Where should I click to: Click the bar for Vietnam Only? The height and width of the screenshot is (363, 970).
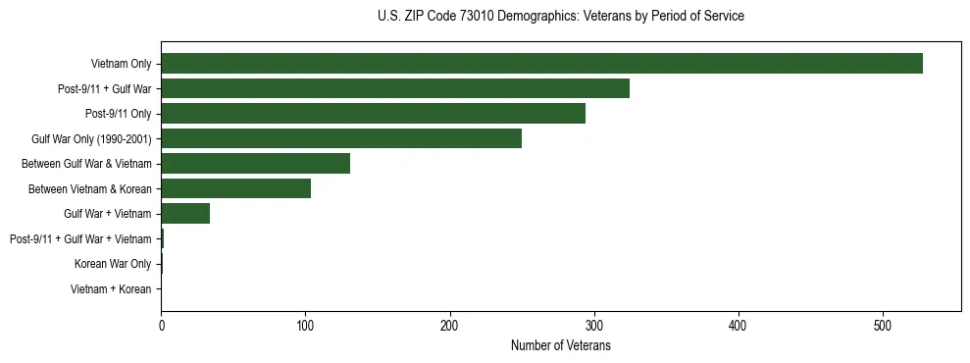(541, 64)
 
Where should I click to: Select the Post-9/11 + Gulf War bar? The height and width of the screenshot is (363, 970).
(395, 88)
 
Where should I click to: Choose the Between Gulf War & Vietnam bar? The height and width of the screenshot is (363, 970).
(255, 164)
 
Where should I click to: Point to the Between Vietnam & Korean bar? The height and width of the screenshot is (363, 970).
(235, 188)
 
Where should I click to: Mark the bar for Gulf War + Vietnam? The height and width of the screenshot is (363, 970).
(185, 214)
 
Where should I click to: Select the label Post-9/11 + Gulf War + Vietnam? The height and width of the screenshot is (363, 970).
(80, 239)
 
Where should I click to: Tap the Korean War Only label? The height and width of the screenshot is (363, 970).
(113, 264)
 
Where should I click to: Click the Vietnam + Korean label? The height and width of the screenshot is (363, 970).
(111, 289)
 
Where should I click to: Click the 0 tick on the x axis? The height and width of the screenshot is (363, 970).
(161, 325)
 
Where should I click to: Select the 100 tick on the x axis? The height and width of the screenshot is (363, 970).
(305, 325)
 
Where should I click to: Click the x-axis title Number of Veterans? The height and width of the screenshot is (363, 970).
(560, 345)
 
